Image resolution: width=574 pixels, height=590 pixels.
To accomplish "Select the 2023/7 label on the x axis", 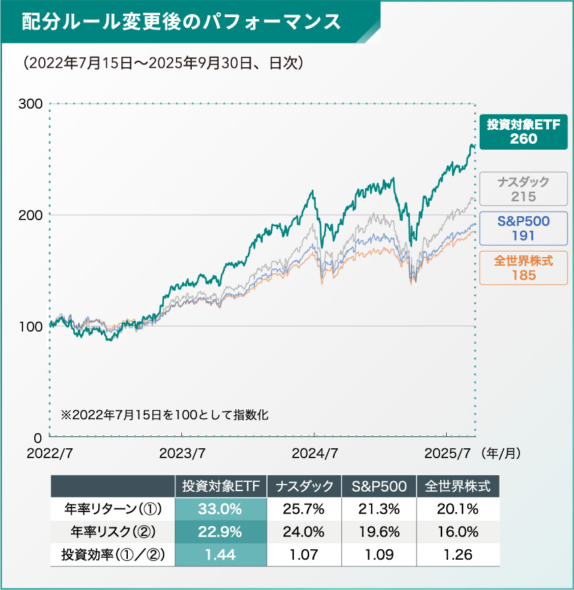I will (x=182, y=454).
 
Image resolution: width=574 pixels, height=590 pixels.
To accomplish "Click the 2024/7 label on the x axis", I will (x=315, y=454).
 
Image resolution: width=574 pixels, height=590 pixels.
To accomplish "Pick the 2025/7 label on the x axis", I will (x=447, y=454).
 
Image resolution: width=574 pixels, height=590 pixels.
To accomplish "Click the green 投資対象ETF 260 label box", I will (x=523, y=131).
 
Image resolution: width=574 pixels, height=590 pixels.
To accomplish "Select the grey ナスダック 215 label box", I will (x=523, y=189).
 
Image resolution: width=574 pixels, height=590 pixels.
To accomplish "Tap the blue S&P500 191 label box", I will (x=523, y=228).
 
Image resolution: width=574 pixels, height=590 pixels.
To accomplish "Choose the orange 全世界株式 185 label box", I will (x=523, y=268).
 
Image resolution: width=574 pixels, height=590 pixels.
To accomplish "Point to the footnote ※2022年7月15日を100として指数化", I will (x=165, y=416).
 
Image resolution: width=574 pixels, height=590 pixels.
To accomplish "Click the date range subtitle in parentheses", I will (x=162, y=63).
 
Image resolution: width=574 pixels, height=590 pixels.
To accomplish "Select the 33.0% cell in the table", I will (x=220, y=509).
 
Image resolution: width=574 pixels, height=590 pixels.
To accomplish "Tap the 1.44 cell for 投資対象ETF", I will (x=220, y=554).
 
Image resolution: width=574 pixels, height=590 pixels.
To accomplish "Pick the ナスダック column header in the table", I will (x=304, y=487).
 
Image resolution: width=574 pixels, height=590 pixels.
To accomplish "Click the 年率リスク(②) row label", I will (x=113, y=532).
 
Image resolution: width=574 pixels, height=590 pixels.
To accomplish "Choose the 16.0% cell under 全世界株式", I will (x=458, y=532).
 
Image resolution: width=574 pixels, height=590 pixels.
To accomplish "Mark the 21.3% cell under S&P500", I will (x=379, y=509).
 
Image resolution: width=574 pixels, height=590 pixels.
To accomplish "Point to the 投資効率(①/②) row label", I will (x=113, y=554).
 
